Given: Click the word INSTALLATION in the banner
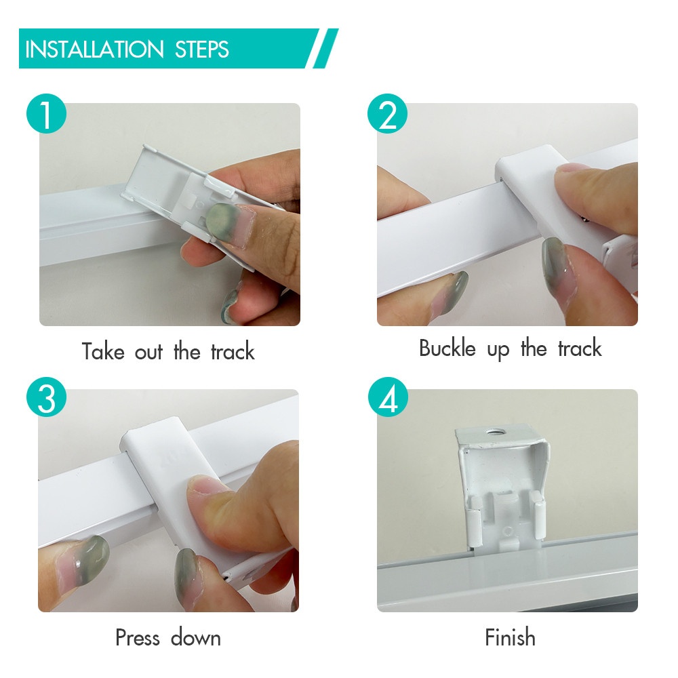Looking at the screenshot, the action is pyautogui.click(x=95, y=49).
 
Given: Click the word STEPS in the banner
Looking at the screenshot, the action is pyautogui.click(x=202, y=49).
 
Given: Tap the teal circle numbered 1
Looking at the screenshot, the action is pyautogui.click(x=46, y=114).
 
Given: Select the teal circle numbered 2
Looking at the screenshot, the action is pyautogui.click(x=387, y=114).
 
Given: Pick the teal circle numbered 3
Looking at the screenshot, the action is pyautogui.click(x=46, y=397).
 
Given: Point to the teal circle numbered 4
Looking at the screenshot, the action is pyautogui.click(x=388, y=397).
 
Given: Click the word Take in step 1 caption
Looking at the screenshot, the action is pyautogui.click(x=103, y=351).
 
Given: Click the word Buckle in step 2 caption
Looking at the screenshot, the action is pyautogui.click(x=447, y=348).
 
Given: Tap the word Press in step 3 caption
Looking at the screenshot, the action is pyautogui.click(x=138, y=637).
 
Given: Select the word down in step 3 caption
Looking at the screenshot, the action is pyautogui.click(x=196, y=638).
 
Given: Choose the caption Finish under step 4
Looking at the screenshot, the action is pyautogui.click(x=511, y=637).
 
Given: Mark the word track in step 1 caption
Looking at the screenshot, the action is pyautogui.click(x=233, y=351).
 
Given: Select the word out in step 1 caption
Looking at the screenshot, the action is pyautogui.click(x=149, y=352).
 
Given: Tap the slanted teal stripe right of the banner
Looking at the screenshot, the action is pyautogui.click(x=325, y=48).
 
